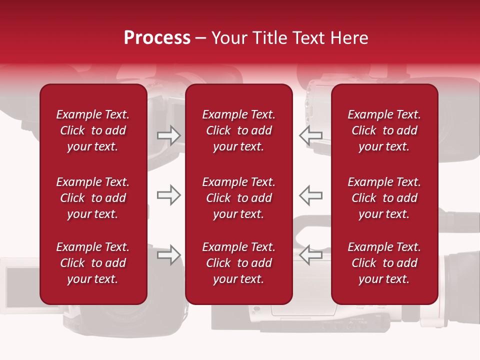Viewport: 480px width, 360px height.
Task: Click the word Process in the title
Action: click(x=157, y=38)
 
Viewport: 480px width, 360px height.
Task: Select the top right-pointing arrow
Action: click(x=168, y=135)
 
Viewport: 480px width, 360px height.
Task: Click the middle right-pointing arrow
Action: click(x=168, y=195)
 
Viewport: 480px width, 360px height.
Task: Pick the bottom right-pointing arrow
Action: click(x=168, y=255)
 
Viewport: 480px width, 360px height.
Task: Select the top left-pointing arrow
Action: click(x=310, y=135)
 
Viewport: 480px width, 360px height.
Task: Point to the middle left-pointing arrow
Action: click(x=310, y=195)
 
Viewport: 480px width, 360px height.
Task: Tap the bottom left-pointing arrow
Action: click(x=310, y=255)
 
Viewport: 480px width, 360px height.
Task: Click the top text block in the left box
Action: click(x=93, y=130)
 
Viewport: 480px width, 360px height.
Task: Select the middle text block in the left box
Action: click(x=93, y=198)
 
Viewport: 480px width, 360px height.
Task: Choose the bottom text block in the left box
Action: click(x=93, y=263)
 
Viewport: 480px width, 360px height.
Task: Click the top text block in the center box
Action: click(x=238, y=130)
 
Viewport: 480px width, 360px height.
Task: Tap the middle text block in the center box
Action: click(x=238, y=198)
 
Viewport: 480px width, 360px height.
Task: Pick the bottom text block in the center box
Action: click(x=238, y=263)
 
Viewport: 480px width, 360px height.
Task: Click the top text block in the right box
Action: click(x=384, y=130)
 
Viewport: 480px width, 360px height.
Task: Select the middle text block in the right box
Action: click(x=384, y=198)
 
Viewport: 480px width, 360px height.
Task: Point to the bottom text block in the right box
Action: click(x=384, y=263)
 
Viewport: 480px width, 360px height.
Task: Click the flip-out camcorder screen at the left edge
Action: click(x=20, y=283)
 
